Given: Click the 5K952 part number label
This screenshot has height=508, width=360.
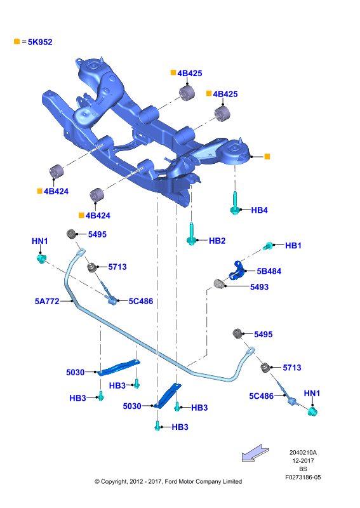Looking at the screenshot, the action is click(40, 42).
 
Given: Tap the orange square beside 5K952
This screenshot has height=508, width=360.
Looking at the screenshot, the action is click(17, 41).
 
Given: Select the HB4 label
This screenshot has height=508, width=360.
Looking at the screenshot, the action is click(259, 210).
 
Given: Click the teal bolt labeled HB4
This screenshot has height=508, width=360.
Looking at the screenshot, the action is click(234, 203).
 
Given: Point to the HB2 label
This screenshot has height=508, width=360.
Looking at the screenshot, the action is click(217, 241).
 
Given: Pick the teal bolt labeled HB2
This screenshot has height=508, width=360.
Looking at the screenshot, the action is click(192, 234).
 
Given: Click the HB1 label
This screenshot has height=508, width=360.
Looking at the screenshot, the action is click(293, 246).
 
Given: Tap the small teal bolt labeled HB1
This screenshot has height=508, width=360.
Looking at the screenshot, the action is click(269, 246).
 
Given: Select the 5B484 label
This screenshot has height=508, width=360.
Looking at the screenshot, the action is click(269, 271).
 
